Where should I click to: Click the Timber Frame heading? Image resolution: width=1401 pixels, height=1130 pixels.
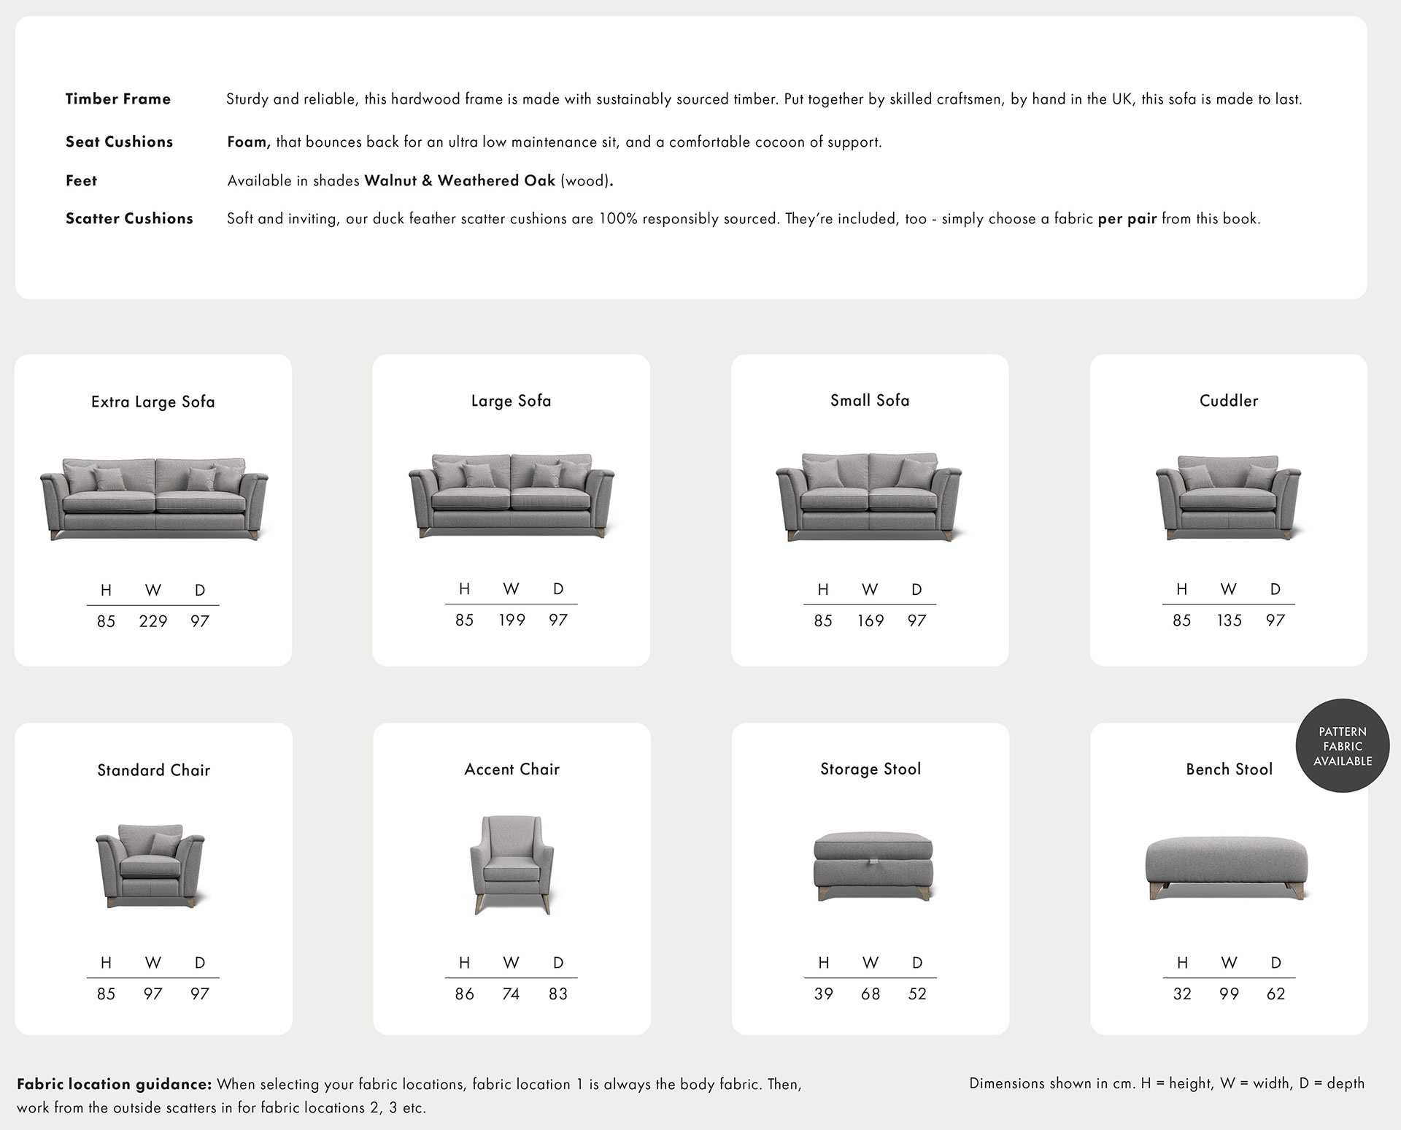[x=117, y=99]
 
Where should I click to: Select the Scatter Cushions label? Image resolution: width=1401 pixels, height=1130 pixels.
[x=129, y=218]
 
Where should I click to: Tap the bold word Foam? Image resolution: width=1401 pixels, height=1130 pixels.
[x=248, y=142]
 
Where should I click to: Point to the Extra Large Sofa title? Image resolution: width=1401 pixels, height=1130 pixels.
[x=153, y=401]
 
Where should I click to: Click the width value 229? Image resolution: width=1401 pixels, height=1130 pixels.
[x=153, y=621]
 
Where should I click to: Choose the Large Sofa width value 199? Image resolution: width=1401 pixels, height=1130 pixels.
[x=512, y=620]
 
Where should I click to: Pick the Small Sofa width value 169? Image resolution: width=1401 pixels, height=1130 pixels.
[x=870, y=620]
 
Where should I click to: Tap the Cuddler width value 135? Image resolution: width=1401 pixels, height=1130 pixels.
[x=1229, y=620]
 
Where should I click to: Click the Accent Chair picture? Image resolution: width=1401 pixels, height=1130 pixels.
[x=512, y=864]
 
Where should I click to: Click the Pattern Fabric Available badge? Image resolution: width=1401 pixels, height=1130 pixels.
[x=1343, y=746]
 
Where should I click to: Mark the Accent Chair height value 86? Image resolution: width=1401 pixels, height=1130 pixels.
[x=464, y=993]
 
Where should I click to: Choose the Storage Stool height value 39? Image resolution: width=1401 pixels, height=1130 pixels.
[x=823, y=993]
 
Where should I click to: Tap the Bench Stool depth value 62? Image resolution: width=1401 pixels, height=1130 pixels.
[x=1275, y=993]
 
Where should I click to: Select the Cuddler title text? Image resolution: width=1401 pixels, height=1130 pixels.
[x=1229, y=401]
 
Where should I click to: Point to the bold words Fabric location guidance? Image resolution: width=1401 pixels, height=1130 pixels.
[x=114, y=1084]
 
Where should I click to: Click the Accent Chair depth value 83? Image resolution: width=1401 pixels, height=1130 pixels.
[x=558, y=993]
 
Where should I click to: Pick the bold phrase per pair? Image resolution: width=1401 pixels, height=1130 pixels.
[x=1127, y=218]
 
